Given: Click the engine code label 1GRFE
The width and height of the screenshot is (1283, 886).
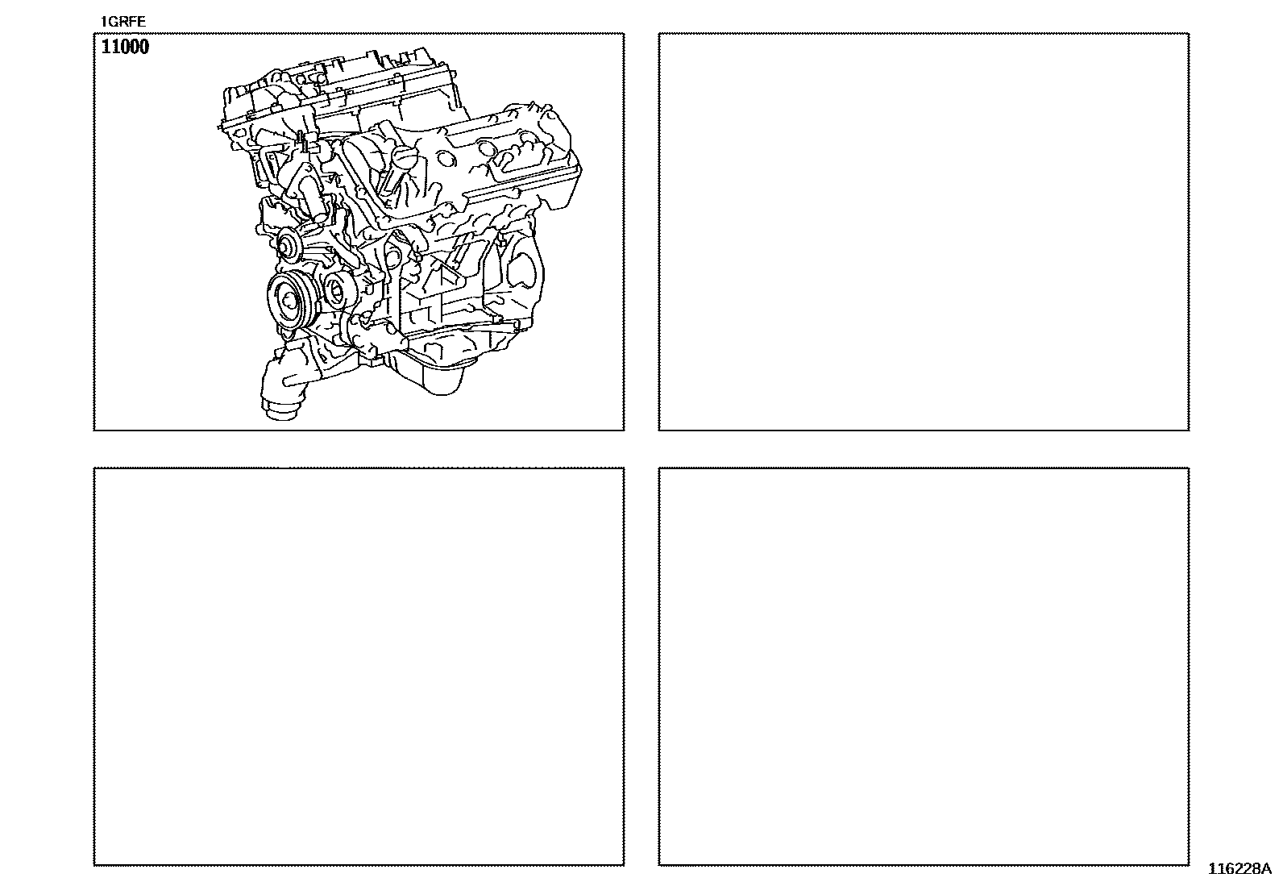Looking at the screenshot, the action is tap(123, 22).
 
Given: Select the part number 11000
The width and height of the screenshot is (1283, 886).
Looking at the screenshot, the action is tap(125, 47).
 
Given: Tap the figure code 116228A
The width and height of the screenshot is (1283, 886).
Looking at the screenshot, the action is tap(1239, 869).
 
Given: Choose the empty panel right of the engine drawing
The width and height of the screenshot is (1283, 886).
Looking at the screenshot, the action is tap(924, 231).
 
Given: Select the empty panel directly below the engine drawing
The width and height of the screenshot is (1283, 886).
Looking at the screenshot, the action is tap(359, 667).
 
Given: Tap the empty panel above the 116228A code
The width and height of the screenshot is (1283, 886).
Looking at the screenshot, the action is tap(924, 667).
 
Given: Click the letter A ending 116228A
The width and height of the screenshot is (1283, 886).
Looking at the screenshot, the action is tap(1266, 869).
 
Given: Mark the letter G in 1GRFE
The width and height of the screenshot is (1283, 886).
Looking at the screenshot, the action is tap(113, 22).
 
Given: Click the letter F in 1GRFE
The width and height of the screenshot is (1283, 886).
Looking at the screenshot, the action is tap(134, 22).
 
